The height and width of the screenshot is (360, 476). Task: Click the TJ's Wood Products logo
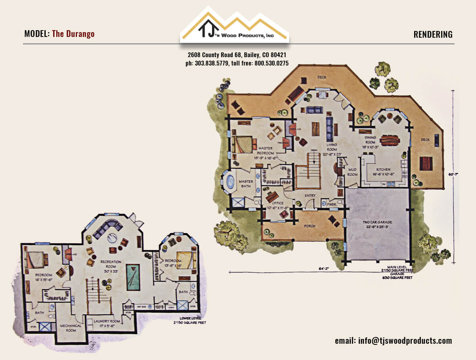[234, 25]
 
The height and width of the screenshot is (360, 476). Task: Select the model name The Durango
[73, 34]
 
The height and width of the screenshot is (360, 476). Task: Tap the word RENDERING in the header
[433, 35]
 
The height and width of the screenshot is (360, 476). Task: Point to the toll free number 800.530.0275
[271, 63]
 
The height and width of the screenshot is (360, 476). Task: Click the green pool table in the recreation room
[133, 277]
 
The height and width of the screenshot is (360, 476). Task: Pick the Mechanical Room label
[71, 328]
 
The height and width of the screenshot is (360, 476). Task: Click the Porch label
[309, 226]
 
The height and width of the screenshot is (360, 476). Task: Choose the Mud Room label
[353, 171]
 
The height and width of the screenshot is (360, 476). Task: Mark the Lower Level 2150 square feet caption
[190, 321]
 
